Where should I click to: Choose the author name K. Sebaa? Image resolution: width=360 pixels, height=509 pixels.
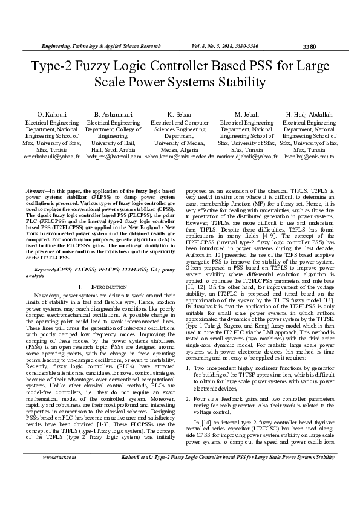pos(180,114)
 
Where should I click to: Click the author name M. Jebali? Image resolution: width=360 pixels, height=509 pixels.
pos(247,114)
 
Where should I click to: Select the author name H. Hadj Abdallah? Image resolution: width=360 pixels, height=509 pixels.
pos(309,114)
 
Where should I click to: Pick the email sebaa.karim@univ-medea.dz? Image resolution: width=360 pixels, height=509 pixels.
pos(180,156)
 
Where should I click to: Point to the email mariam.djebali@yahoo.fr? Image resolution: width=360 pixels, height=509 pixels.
pos(247,156)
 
